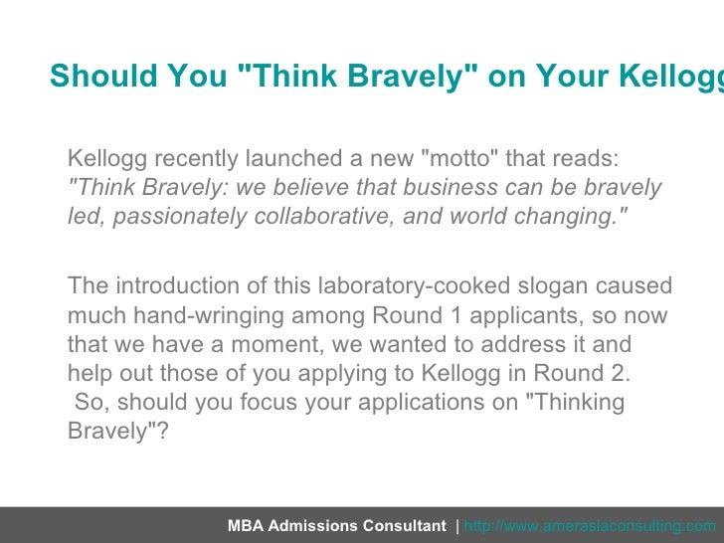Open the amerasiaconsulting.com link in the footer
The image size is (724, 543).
click(x=589, y=526)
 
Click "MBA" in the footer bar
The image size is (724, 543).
click(x=245, y=526)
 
